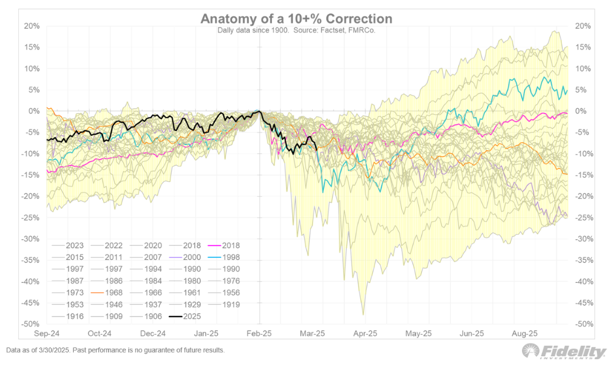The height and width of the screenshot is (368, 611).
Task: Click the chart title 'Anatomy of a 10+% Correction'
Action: click(x=296, y=19)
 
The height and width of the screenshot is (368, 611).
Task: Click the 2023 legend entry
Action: click(x=69, y=245)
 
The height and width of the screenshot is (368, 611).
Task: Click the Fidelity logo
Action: click(x=564, y=351)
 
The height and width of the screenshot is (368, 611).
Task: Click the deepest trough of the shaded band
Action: click(x=363, y=315)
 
